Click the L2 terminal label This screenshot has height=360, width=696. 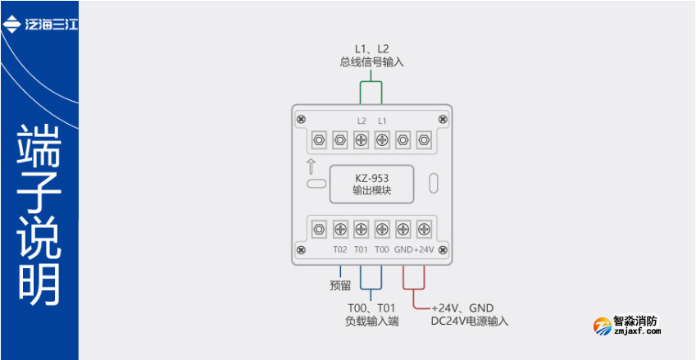pyautogui.click(x=362, y=121)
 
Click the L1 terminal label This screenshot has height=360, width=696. pyautogui.click(x=382, y=121)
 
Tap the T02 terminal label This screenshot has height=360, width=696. pyautogui.click(x=340, y=249)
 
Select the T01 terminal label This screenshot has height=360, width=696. pyautogui.click(x=361, y=249)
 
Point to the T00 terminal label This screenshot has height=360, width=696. pyautogui.click(x=382, y=249)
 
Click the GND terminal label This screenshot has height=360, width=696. pyautogui.click(x=403, y=249)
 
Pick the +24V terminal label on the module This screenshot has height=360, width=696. pyautogui.click(x=424, y=249)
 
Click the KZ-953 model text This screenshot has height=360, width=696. pyautogui.click(x=371, y=177)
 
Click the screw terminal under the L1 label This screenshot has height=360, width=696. pyautogui.click(x=382, y=139)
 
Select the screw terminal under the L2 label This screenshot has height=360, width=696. pyautogui.click(x=362, y=139)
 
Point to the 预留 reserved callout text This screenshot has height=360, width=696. pyautogui.click(x=340, y=285)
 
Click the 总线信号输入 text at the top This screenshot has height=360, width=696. pyautogui.click(x=371, y=62)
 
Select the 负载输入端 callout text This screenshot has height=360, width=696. pyautogui.click(x=371, y=321)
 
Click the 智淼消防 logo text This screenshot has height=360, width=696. pyautogui.click(x=636, y=322)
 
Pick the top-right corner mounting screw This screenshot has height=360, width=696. pyautogui.click(x=444, y=120)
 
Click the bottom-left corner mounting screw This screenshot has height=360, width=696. pyautogui.click(x=301, y=249)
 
